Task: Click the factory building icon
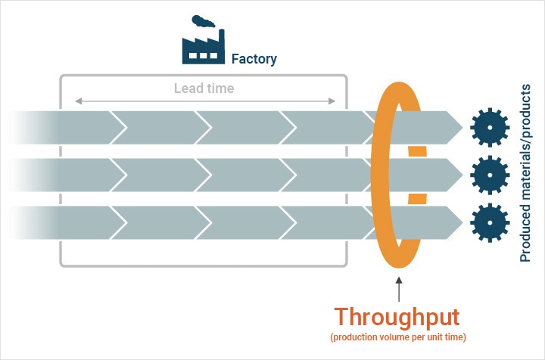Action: click(x=202, y=46)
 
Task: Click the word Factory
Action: click(x=254, y=58)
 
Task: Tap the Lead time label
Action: click(x=204, y=88)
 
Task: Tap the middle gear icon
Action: click(x=488, y=175)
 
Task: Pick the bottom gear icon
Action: click(x=488, y=222)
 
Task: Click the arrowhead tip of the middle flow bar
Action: click(x=461, y=175)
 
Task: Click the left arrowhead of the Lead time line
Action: click(x=76, y=101)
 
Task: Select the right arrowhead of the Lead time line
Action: click(x=334, y=101)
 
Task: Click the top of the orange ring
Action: click(x=399, y=84)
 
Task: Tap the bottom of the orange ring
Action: click(x=399, y=265)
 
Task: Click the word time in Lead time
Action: click(x=219, y=88)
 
